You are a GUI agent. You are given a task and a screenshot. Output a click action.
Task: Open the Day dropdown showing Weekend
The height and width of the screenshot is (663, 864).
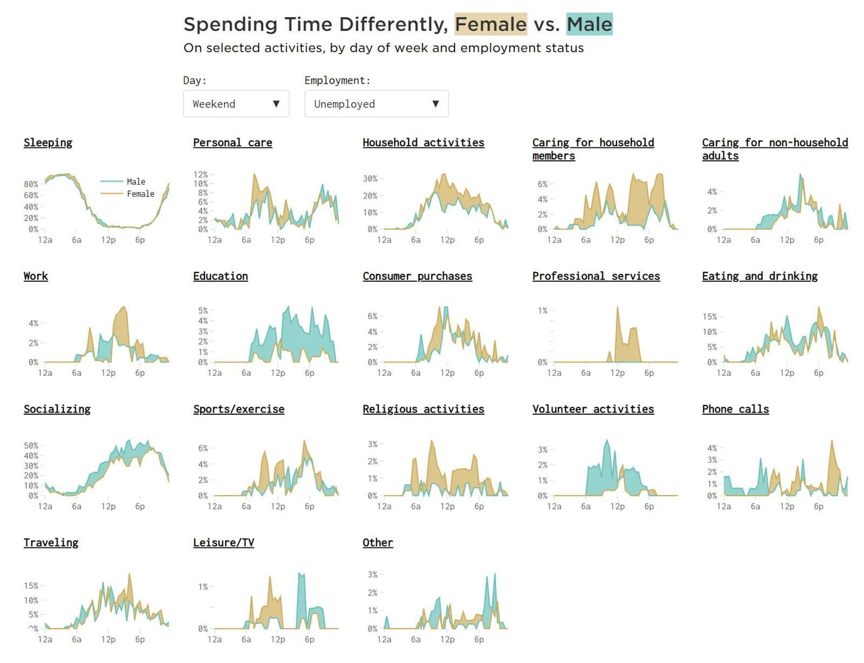[x=236, y=104]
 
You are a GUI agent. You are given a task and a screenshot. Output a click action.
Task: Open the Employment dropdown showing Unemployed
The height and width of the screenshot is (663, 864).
[x=376, y=104]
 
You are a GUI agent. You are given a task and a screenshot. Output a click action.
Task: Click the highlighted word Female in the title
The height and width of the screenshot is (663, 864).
[x=490, y=24]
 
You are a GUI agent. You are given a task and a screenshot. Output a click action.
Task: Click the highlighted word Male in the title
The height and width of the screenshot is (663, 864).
[x=589, y=24]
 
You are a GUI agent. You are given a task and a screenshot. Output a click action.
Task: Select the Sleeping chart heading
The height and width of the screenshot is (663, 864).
[x=48, y=143]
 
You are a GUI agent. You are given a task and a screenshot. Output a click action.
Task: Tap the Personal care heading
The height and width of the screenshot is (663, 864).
[x=232, y=143]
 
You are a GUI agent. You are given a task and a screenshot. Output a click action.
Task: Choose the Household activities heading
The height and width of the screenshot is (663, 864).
[x=423, y=143]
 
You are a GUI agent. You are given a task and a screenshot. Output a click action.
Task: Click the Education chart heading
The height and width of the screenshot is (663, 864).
[x=220, y=276]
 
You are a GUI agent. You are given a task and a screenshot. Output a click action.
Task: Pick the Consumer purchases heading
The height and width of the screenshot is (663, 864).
[x=417, y=276]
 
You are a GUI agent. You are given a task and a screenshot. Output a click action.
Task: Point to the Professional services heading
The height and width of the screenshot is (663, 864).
[x=596, y=276]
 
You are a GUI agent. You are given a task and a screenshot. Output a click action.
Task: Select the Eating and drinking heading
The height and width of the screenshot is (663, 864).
[x=759, y=276]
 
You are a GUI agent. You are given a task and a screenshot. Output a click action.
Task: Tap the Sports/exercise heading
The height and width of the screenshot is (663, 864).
[x=239, y=409]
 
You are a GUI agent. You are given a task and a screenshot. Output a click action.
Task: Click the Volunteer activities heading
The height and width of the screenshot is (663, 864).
[x=593, y=409]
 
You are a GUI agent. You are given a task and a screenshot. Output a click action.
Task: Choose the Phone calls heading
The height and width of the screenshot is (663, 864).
[x=735, y=409]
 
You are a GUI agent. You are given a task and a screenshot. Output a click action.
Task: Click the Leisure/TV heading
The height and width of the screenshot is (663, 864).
[x=224, y=543]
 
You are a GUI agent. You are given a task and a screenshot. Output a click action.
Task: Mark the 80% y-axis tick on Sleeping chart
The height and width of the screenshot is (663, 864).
[x=31, y=184]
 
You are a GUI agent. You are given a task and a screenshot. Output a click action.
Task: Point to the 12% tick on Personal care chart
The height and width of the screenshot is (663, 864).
[x=200, y=174]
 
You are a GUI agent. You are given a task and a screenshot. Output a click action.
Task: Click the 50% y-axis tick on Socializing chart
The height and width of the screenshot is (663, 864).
[x=31, y=445]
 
